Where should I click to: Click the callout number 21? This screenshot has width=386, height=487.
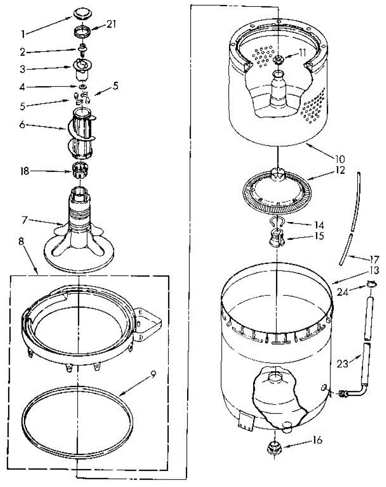pos(111,25)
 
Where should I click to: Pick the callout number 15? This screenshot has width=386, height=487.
pos(319,236)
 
